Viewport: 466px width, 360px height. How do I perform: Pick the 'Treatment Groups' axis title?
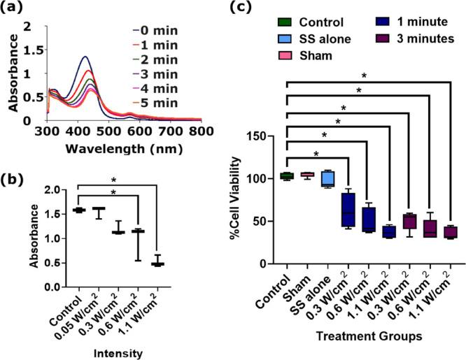(x=367, y=336)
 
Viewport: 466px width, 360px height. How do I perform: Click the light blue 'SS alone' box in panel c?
(x=326, y=180)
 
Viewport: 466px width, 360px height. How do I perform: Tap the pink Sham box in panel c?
(x=306, y=174)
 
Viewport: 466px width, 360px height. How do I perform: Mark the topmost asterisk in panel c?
(x=364, y=75)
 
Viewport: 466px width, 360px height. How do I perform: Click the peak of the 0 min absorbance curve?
(x=85, y=57)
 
